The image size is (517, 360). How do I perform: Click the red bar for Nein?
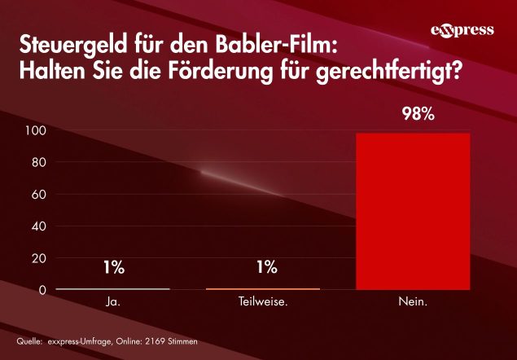[x=414, y=211]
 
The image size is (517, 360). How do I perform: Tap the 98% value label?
[x=418, y=114]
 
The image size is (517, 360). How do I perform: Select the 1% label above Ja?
[x=113, y=266]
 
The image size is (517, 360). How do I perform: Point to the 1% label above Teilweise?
[x=263, y=266]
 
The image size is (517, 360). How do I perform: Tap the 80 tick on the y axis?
[x=37, y=163]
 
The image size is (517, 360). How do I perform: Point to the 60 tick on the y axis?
[x=37, y=195]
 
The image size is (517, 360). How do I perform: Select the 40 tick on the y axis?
[x=37, y=226]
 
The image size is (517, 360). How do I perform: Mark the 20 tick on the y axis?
[x=37, y=258]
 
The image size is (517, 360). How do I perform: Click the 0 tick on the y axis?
[x=42, y=290]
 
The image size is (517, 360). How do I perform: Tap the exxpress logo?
[x=462, y=31]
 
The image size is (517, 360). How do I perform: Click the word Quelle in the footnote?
[x=29, y=340]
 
